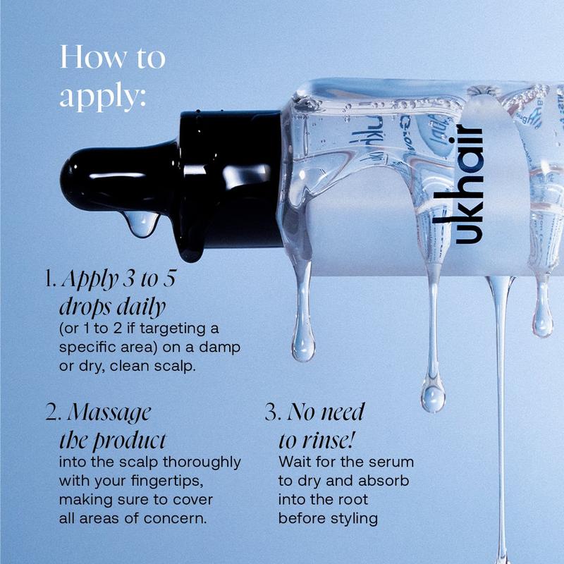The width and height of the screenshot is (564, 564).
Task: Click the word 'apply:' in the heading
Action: click(x=103, y=97)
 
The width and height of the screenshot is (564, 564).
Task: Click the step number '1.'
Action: click(x=51, y=278)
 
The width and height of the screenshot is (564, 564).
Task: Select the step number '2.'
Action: click(x=54, y=412)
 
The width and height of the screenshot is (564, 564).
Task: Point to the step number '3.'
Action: click(x=273, y=412)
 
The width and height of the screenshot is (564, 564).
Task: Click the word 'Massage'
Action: click(x=109, y=414)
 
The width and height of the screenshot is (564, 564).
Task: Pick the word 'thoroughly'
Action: click(x=202, y=462)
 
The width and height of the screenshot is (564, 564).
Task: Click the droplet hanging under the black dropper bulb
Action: click(x=142, y=223)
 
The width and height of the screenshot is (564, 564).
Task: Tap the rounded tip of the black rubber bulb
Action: click(x=66, y=180)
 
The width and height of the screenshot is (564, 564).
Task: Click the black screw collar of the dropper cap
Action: click(x=231, y=180)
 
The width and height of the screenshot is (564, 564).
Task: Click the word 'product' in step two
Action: click(x=130, y=441)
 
